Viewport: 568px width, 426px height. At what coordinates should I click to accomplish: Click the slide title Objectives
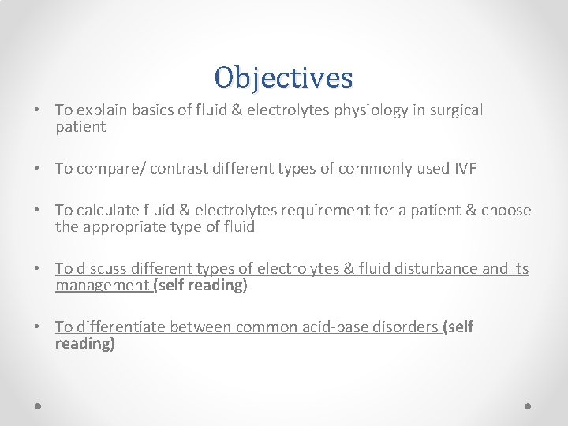[283, 77]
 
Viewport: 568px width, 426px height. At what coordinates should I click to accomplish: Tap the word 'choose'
[506, 211]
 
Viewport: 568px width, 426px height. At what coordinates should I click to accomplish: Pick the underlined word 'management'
[102, 286]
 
